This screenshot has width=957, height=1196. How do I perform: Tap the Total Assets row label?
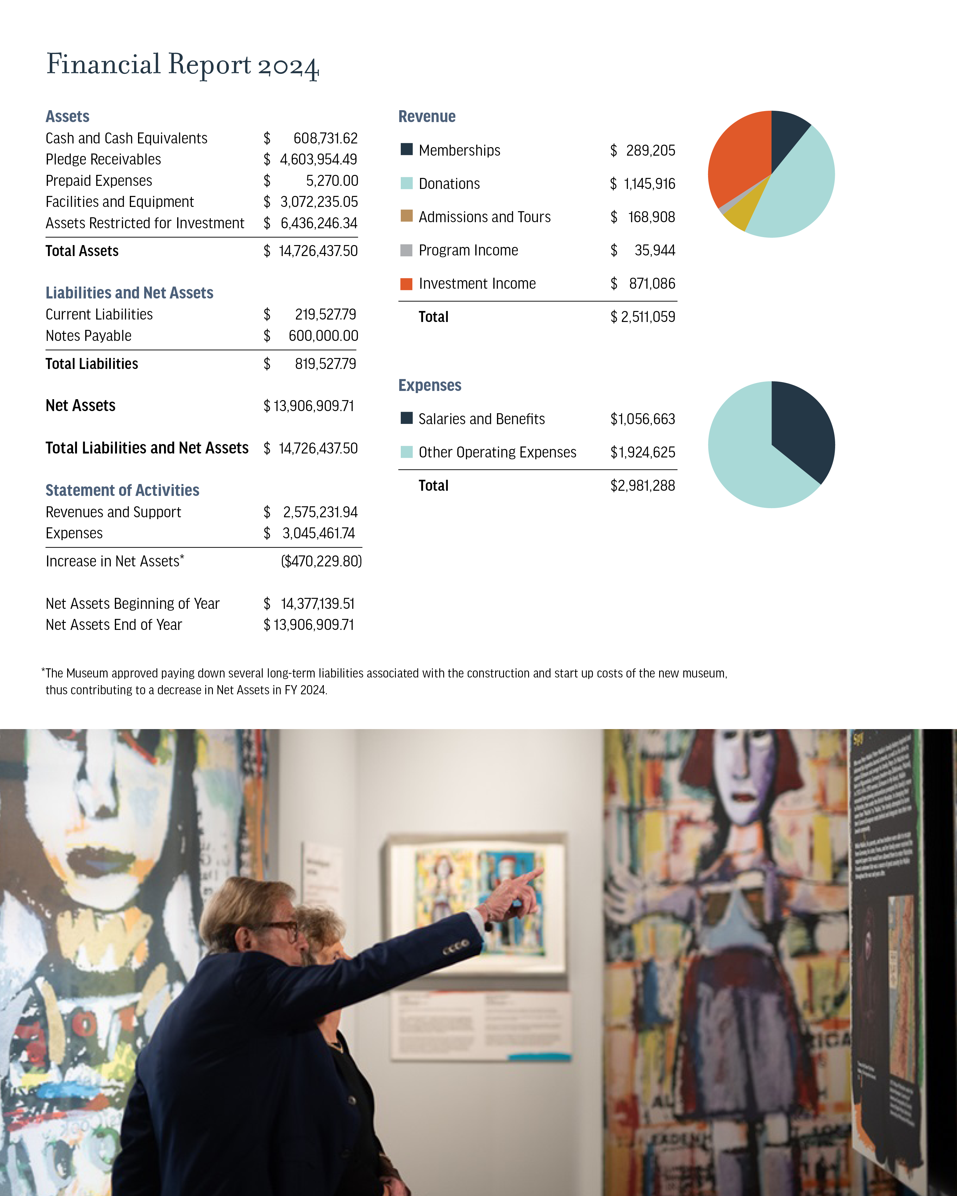(82, 251)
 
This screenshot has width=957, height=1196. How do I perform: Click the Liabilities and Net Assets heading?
(129, 293)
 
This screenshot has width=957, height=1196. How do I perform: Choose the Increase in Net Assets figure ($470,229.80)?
(321, 562)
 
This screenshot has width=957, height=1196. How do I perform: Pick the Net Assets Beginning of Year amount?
(317, 604)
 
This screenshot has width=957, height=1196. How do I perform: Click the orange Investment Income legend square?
(406, 284)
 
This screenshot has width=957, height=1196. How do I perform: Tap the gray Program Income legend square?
(406, 251)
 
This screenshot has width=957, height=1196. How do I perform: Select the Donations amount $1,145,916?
(649, 184)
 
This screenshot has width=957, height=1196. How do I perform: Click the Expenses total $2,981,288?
(642, 486)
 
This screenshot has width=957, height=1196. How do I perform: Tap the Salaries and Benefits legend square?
(406, 418)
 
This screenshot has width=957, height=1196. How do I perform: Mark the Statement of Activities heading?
(122, 490)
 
